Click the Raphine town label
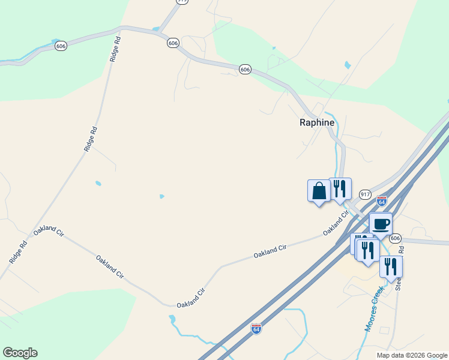317,122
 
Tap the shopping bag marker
319,191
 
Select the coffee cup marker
381,225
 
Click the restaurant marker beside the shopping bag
340,189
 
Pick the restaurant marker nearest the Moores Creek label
391,267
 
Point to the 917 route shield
365,194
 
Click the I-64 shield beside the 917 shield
382,200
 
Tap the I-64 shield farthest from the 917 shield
256,328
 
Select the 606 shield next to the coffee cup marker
394,238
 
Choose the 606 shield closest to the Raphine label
244,70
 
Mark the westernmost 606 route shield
60,45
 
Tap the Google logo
20,353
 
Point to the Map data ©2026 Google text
412,355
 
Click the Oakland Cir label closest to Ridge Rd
49,232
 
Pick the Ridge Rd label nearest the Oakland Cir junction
19,252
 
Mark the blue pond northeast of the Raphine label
348,65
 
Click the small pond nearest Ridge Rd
98,183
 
